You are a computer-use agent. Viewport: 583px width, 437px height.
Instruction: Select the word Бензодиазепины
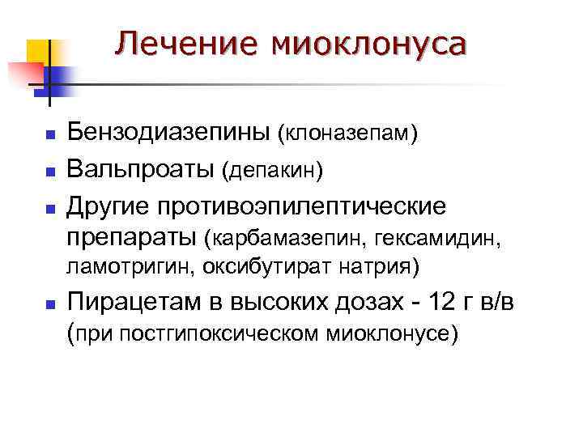(169, 132)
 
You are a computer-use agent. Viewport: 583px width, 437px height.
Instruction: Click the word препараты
(132, 237)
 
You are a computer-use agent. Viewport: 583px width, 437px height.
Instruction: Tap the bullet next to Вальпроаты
(49, 172)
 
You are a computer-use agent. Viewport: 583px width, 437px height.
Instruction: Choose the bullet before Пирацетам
(49, 304)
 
